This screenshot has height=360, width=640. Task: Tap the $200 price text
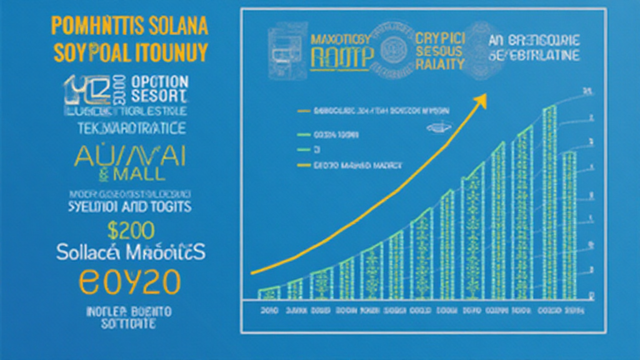[x=131, y=231]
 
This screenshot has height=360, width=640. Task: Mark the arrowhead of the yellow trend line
[x=481, y=99]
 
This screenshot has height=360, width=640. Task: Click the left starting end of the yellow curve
[x=252, y=272]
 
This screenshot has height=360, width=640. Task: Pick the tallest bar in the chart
[x=549, y=200]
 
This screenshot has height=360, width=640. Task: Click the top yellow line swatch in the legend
[x=304, y=111]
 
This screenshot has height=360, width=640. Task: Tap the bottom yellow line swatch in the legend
[x=304, y=166]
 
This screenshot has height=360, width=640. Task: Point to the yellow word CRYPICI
[x=439, y=37]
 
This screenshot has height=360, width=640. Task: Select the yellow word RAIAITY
[x=439, y=64]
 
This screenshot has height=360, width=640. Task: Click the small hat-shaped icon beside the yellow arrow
[x=436, y=127]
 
